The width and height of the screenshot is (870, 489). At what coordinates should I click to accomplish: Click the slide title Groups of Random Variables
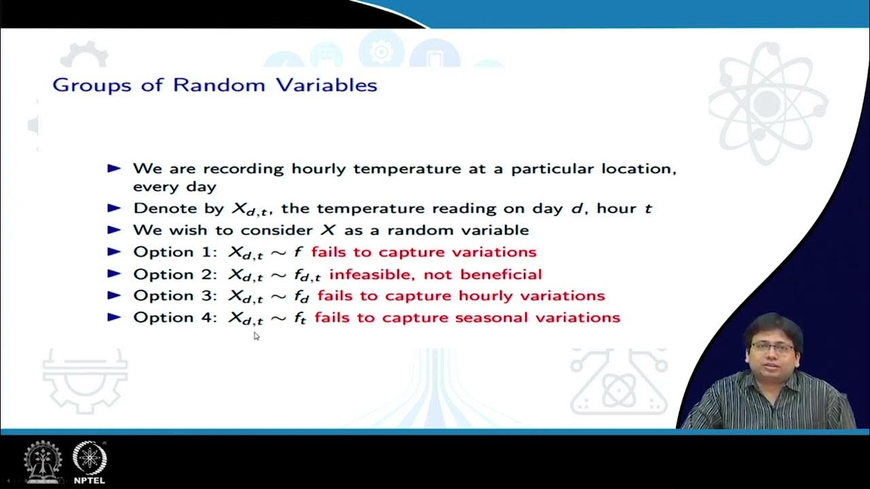tap(215, 85)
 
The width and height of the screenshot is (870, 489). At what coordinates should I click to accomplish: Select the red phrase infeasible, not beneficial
tap(436, 274)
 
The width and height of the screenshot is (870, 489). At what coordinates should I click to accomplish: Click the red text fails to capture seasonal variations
tap(467, 317)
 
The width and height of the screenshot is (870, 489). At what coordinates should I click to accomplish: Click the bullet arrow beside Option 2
tap(114, 274)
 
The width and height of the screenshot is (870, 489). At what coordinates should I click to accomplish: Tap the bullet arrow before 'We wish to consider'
tap(114, 230)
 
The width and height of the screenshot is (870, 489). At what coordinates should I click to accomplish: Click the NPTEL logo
tap(89, 462)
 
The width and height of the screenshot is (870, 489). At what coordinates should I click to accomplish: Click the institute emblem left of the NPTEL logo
tap(43, 462)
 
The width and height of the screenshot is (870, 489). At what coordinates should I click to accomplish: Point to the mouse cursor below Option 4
tap(256, 336)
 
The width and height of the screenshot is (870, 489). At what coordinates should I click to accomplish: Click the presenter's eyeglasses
tap(772, 346)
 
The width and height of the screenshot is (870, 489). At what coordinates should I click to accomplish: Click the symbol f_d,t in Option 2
tap(307, 276)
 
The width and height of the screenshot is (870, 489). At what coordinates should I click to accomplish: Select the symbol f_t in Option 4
tap(300, 318)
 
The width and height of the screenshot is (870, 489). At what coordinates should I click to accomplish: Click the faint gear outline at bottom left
tap(84, 381)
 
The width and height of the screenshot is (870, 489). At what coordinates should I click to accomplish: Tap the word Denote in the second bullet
tap(158, 208)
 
